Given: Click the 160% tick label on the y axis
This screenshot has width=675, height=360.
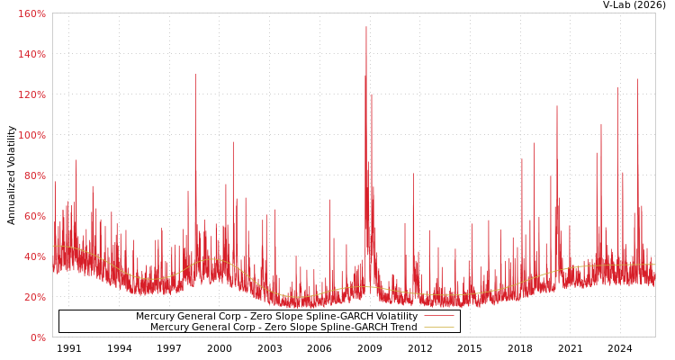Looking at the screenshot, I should (x=32, y=14).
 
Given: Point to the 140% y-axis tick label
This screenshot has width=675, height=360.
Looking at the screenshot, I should (x=32, y=55).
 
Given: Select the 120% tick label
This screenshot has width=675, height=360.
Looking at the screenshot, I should (x=32, y=95).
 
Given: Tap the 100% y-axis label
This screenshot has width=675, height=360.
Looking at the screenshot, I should (x=32, y=136).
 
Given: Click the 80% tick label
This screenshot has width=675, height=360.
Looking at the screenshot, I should (x=34, y=176).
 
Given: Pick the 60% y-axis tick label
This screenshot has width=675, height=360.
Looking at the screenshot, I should (x=34, y=217).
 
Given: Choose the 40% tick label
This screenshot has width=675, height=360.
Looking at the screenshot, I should (x=34, y=257).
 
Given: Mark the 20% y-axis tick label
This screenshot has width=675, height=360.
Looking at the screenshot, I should (x=34, y=298).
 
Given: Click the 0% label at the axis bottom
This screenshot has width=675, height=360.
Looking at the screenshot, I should (x=38, y=337).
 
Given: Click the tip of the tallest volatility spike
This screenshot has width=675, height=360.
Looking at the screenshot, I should (x=366, y=27).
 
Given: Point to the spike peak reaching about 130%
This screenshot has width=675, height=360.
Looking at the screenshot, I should (x=194, y=75).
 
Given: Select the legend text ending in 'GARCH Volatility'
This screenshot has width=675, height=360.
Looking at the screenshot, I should (x=276, y=317).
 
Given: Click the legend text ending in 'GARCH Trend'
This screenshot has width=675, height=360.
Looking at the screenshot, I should (x=283, y=328).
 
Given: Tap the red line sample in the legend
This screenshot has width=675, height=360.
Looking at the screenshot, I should (x=438, y=317).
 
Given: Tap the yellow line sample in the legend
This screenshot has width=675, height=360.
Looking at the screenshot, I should (x=438, y=328).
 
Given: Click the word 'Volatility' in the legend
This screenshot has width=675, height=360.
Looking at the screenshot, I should (x=395, y=317).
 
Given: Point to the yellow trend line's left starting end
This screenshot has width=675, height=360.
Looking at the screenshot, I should (x=53, y=246).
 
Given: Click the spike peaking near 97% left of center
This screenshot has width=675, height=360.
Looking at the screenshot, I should (x=232, y=142).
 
